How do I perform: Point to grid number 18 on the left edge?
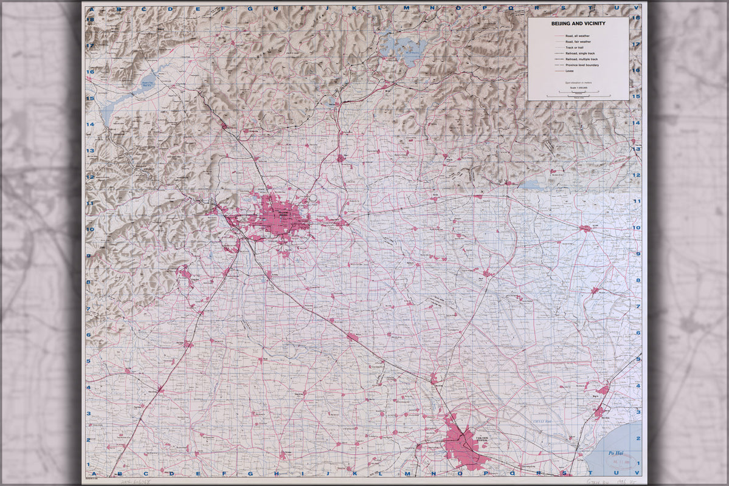[89, 19]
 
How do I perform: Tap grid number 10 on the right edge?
[637, 228]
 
